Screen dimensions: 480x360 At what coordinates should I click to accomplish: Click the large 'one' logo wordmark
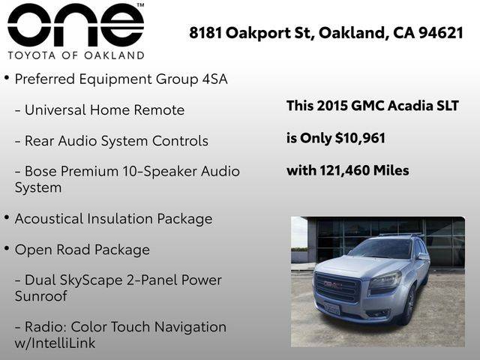(x=76, y=25)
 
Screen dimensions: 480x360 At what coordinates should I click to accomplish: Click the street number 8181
(x=205, y=33)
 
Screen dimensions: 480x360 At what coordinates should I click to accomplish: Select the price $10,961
(x=360, y=138)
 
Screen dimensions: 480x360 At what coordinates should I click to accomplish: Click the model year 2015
(x=332, y=106)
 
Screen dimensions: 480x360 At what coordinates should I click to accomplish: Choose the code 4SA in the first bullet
(x=215, y=79)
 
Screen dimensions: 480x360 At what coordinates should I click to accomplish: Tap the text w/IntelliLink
(x=55, y=343)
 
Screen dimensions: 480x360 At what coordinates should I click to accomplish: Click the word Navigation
(x=190, y=327)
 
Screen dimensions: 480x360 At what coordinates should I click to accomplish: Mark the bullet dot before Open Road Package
(x=7, y=248)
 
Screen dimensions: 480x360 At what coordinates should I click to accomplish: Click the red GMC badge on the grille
(x=333, y=285)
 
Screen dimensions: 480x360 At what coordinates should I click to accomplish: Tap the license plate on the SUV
(x=332, y=308)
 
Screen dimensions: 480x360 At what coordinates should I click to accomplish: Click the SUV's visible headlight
(x=385, y=282)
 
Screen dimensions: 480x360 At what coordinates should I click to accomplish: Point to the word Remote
(x=159, y=110)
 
